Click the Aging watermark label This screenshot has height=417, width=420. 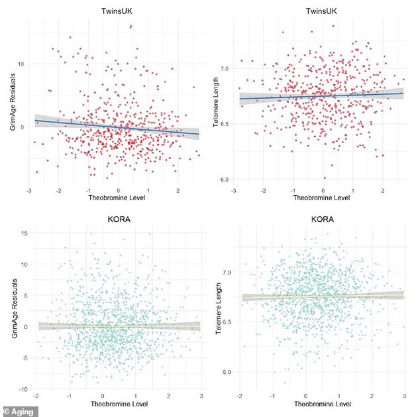pos(20,411)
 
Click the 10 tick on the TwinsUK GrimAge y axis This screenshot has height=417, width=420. pos(22,64)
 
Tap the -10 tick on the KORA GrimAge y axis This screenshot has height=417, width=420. pos(23,388)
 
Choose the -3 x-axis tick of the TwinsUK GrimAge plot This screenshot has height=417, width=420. pos(28,190)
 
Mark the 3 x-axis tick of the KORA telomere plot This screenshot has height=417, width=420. pos(404,395)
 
